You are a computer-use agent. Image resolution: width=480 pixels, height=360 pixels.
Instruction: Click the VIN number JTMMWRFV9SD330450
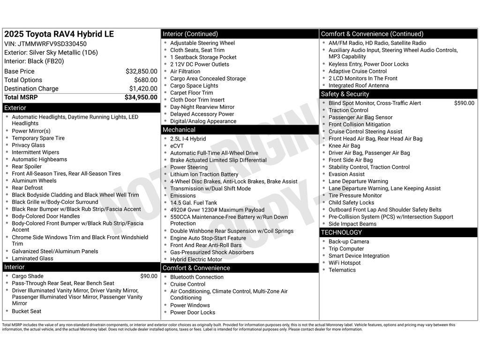[52, 44]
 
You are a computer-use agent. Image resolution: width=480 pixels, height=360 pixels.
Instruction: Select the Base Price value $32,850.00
[141, 71]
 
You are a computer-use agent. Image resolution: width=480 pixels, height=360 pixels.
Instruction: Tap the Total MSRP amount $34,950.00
[141, 97]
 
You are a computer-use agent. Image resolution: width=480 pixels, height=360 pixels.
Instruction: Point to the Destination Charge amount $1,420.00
[143, 89]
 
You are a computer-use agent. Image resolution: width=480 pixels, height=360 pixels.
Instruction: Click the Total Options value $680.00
[145, 80]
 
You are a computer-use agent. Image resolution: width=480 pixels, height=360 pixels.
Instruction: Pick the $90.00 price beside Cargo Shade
[149, 276]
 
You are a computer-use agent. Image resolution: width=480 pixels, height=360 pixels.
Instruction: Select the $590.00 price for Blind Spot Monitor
[464, 103]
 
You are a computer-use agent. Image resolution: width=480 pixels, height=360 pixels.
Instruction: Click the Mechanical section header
[179, 130]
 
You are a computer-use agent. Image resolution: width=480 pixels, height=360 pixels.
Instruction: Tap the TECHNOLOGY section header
[341, 232]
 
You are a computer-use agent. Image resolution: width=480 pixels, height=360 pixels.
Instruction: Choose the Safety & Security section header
[345, 94]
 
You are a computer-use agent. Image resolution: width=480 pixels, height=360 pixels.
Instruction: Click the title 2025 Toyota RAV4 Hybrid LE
[59, 34]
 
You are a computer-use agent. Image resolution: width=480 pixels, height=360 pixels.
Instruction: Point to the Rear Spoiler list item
[27, 166]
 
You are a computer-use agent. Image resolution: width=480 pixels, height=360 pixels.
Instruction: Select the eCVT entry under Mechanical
[177, 146]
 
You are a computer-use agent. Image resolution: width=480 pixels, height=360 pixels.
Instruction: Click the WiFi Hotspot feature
[345, 263]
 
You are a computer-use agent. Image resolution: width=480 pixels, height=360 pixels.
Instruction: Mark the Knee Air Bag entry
[344, 146]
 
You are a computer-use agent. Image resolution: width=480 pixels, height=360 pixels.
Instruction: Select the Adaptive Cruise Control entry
[358, 71]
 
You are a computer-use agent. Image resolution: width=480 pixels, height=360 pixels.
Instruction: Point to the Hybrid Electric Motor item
[196, 259]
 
